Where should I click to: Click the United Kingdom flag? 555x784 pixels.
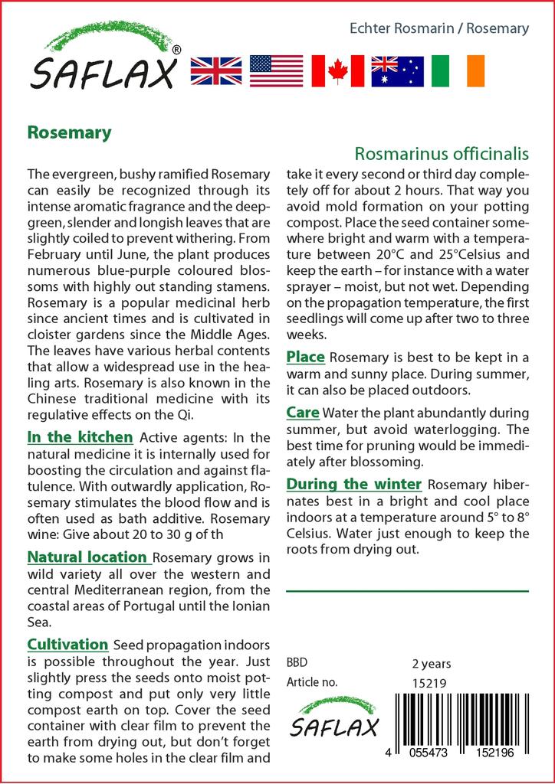coord(216,71)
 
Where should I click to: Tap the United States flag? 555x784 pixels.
coord(277,71)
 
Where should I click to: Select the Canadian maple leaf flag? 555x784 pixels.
coord(337,71)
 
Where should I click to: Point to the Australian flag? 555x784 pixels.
coord(397,71)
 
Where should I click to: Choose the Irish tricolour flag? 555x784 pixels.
coord(458,71)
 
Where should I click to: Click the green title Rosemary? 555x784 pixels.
coord(69,132)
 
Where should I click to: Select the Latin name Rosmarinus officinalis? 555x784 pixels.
coord(442,153)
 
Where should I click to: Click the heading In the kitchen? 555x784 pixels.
coord(80,437)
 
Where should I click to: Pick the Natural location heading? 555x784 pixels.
coord(87,557)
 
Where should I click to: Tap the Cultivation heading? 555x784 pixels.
coord(67,645)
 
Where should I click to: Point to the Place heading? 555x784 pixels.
coord(306,357)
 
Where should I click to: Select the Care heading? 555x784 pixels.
coord(303,413)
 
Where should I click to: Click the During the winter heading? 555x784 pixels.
coord(353,484)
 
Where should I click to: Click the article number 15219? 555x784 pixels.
coord(429,683)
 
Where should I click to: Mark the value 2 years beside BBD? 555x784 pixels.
coord(432,664)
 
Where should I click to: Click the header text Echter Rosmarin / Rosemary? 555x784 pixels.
coord(438,28)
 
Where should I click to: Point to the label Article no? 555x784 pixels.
coord(311,683)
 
